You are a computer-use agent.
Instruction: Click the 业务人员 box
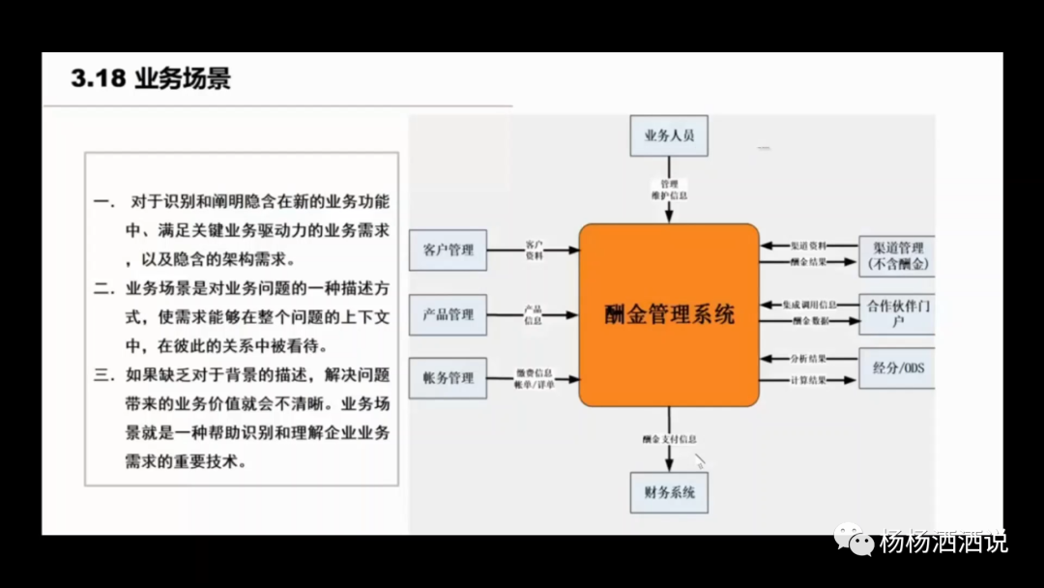(x=669, y=136)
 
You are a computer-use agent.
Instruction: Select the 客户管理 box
(x=448, y=250)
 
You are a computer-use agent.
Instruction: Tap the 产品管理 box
(x=448, y=314)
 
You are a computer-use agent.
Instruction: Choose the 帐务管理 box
(x=448, y=378)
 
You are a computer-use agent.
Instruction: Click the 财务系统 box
(x=669, y=493)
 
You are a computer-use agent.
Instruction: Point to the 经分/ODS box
(x=897, y=368)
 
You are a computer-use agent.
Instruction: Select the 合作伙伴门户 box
(x=897, y=313)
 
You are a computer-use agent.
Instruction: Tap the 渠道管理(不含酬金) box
(x=897, y=255)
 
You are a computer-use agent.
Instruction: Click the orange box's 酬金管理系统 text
(x=669, y=314)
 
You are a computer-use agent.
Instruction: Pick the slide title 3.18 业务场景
(x=151, y=78)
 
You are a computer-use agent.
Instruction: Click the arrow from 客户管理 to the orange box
(x=533, y=250)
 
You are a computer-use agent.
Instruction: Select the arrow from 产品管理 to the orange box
(x=533, y=314)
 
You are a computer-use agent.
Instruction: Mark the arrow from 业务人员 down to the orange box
(x=669, y=204)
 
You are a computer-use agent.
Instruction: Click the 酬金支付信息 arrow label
(x=669, y=439)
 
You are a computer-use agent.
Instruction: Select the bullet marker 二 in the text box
(x=102, y=287)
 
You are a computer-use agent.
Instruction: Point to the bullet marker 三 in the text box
(x=102, y=374)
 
